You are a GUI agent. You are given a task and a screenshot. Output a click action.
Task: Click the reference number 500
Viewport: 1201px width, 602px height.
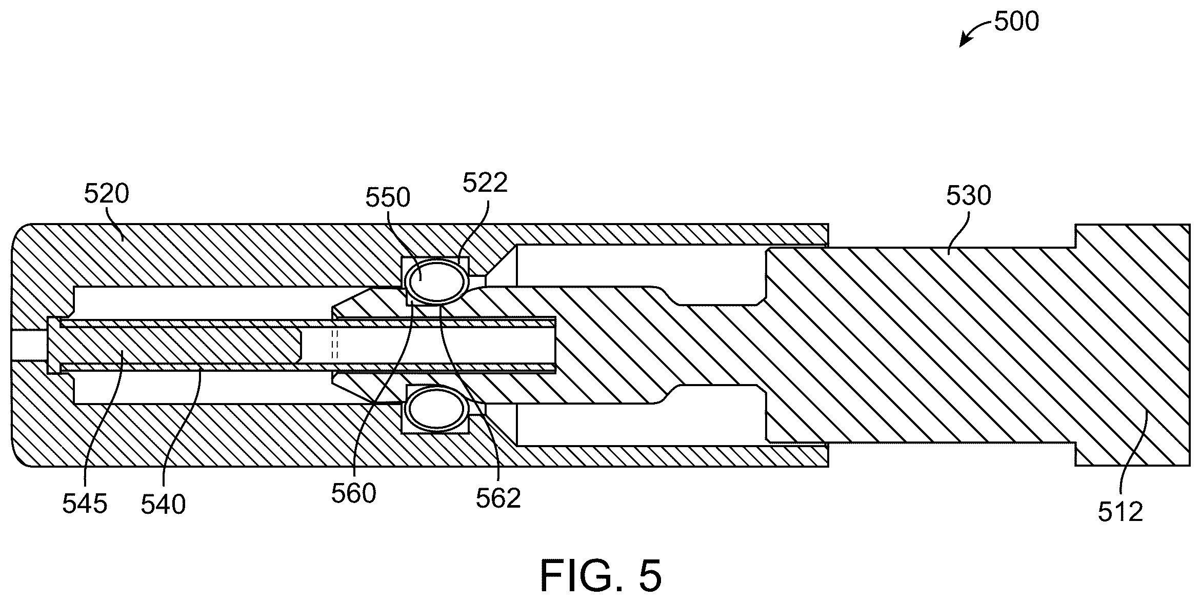click(1016, 22)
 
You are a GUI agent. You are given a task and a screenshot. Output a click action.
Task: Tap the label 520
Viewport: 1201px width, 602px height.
click(107, 194)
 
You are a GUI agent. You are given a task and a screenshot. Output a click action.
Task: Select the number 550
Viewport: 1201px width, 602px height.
click(388, 197)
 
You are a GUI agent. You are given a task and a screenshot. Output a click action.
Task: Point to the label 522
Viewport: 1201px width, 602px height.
click(485, 183)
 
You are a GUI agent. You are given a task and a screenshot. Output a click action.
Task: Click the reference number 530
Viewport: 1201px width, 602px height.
click(968, 196)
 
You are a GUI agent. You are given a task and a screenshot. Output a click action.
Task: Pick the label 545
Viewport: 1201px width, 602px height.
click(85, 504)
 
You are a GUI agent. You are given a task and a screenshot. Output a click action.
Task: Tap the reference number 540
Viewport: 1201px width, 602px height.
click(163, 505)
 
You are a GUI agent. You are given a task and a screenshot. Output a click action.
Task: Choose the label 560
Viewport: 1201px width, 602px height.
click(354, 494)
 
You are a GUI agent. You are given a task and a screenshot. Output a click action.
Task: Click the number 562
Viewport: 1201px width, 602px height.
click(498, 498)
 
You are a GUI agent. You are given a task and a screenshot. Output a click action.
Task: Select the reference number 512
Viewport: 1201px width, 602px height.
click(1120, 512)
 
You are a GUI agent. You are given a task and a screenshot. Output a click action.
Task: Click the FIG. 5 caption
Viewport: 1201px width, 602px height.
click(600, 576)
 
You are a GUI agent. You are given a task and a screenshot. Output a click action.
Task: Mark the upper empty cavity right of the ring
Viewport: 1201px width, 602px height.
click(641, 266)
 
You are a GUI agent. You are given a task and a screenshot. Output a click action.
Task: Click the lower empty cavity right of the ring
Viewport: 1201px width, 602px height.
click(641, 424)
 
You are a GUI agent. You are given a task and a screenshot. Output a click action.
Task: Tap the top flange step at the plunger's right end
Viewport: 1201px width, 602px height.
click(1075, 236)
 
